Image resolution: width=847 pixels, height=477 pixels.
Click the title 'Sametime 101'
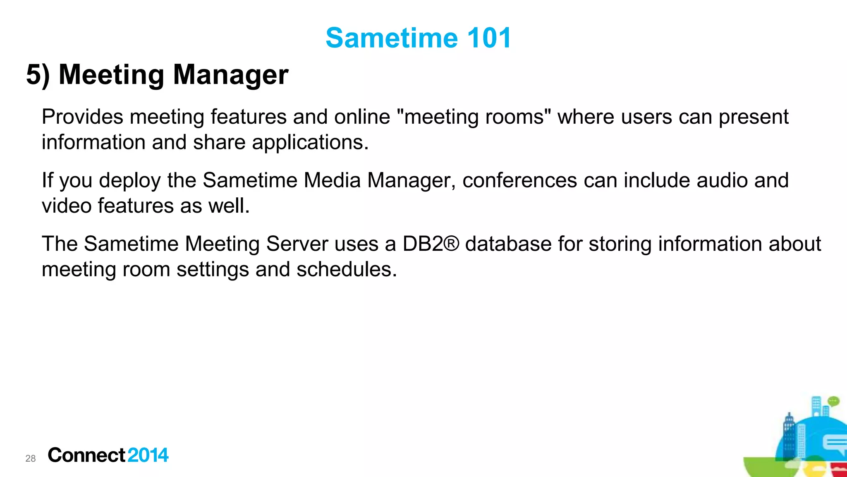(x=419, y=38)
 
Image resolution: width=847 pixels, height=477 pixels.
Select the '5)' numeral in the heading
(x=38, y=75)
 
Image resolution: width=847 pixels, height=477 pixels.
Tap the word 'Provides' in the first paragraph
(x=82, y=117)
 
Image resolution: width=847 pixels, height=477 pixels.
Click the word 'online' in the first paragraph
(x=362, y=117)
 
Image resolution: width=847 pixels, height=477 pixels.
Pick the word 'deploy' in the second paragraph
(x=129, y=181)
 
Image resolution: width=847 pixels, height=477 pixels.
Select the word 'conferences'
(x=519, y=180)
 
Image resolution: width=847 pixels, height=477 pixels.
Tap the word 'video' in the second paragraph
(x=66, y=206)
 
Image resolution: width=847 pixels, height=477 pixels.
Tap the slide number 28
(x=31, y=458)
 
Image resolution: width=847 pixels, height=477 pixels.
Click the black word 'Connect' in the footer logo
(x=86, y=455)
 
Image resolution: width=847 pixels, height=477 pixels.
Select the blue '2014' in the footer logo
(x=148, y=455)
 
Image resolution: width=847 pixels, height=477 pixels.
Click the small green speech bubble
(x=833, y=401)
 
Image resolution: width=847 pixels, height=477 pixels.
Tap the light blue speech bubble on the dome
(x=835, y=445)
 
